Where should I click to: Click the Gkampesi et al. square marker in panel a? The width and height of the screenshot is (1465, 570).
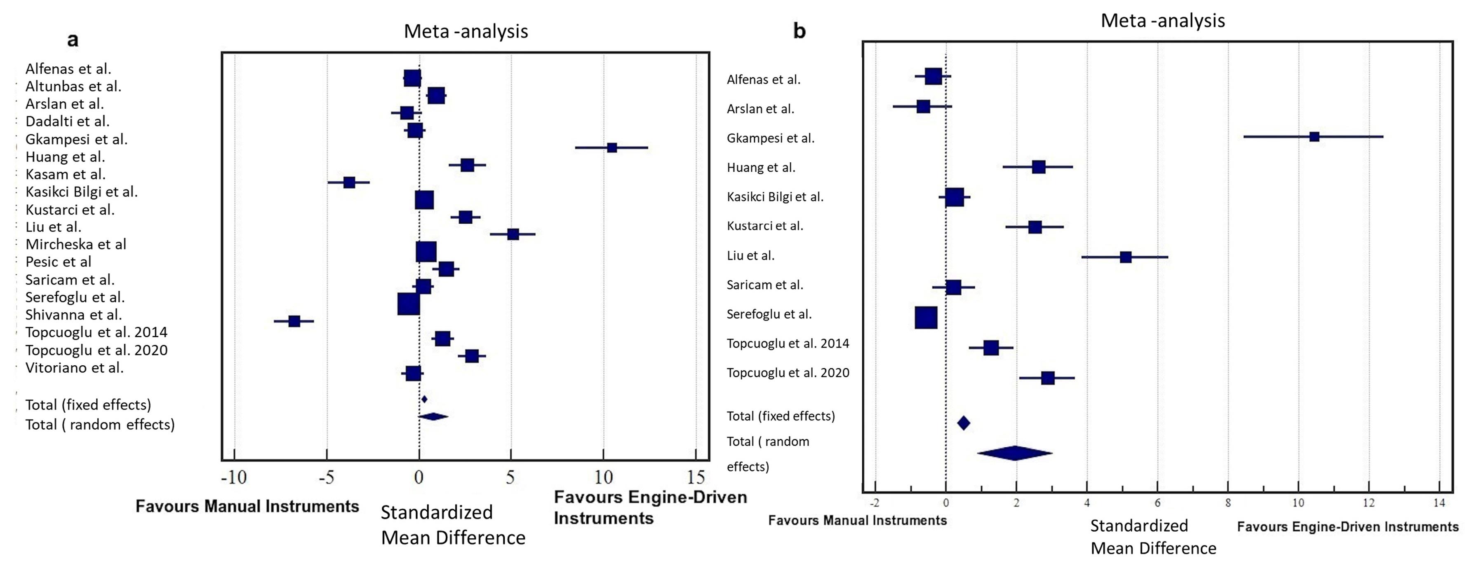(612, 148)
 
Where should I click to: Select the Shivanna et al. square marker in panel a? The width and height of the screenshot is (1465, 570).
(294, 321)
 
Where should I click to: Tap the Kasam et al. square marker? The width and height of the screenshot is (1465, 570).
(349, 182)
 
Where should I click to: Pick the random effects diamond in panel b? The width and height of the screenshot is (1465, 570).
(1015, 453)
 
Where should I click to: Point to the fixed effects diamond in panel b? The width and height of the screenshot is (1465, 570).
(963, 423)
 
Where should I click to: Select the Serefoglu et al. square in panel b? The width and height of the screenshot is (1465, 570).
(926, 318)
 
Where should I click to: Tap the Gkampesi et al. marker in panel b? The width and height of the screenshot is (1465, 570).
(1314, 136)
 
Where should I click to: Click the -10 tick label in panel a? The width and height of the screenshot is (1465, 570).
(234, 477)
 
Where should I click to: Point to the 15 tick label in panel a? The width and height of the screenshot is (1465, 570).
(696, 477)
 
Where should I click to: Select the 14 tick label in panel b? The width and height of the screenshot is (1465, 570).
(1439, 503)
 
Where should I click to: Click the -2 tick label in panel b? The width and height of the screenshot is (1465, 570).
(875, 503)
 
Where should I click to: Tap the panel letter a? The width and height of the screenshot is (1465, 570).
(73, 40)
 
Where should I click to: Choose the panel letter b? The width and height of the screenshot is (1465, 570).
(799, 31)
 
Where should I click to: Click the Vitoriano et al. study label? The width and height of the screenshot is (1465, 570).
(75, 368)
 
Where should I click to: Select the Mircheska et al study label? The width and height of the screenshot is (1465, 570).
(75, 244)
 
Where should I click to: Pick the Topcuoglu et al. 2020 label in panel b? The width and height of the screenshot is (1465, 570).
(788, 373)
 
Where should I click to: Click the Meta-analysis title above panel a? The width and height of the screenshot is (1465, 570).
(466, 31)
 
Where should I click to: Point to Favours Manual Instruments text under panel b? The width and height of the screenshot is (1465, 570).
(857, 521)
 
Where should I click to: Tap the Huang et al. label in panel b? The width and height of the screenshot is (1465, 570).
(761, 168)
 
